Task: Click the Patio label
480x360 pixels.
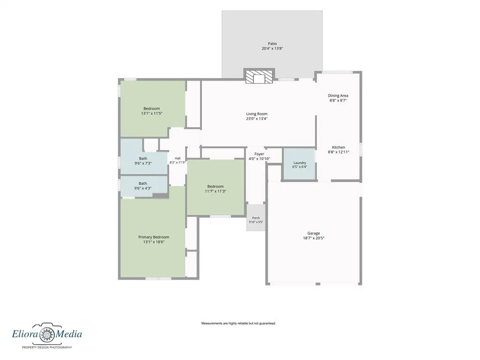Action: [x=272, y=44]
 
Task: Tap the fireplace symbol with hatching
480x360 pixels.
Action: [x=259, y=76]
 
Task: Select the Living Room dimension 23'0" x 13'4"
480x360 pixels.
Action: [x=256, y=119]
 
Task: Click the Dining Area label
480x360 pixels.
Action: [x=338, y=96]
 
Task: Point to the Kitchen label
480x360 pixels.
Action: [x=338, y=147]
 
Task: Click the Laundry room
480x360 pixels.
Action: [x=300, y=165]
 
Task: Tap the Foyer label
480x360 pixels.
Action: [x=259, y=154]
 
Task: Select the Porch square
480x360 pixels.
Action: [x=256, y=217]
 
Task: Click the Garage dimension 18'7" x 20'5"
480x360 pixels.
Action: [x=314, y=238]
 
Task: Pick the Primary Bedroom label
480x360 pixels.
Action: [x=154, y=237]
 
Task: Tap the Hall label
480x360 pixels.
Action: [x=178, y=158]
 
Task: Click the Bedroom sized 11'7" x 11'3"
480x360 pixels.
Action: [x=216, y=187]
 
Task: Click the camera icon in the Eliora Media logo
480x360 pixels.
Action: [x=47, y=334]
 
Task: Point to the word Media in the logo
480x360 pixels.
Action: [x=69, y=333]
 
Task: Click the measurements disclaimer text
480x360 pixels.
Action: [x=238, y=323]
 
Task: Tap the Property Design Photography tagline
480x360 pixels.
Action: [x=47, y=347]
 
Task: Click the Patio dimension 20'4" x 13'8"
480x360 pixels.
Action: [x=272, y=48]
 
